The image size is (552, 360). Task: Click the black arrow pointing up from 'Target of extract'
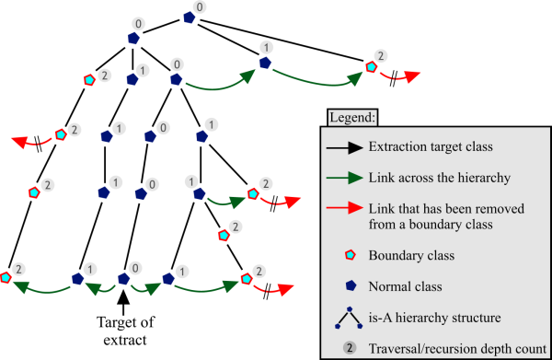point(122,300)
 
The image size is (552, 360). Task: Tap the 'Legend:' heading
point(351,119)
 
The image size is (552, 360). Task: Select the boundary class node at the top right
point(371,66)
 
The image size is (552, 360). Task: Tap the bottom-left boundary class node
point(7,276)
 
